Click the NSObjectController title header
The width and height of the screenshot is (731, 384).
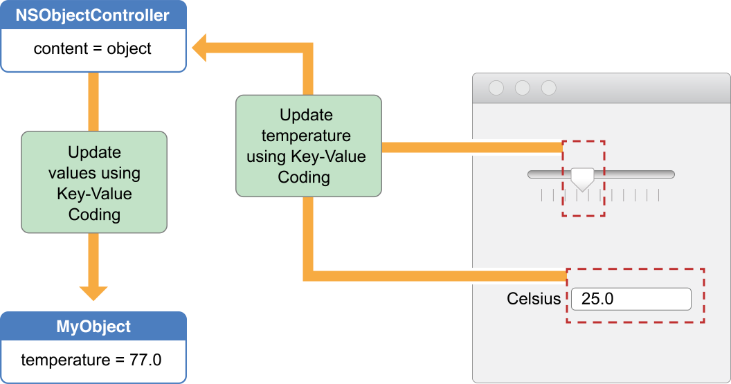pos(93,15)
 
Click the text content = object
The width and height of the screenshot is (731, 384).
pos(93,49)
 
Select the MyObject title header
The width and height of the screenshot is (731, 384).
pos(93,327)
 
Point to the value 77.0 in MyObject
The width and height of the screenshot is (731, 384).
pos(145,360)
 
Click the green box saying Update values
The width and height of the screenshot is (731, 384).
pos(94,183)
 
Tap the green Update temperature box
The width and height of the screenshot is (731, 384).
pos(308,146)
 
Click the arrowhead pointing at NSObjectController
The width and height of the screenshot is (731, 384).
pos(203,50)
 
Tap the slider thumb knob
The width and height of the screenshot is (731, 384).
pos(582,178)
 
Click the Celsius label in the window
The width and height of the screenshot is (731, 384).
pos(534,299)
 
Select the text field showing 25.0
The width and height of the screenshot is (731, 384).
pos(631,299)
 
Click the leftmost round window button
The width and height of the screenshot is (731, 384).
pos(496,88)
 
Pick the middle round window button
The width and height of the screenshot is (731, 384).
pos(523,88)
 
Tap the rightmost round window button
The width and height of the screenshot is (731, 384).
pos(549,88)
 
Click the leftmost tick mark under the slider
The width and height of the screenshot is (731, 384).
pos(541,196)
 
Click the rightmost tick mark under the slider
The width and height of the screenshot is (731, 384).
pos(658,196)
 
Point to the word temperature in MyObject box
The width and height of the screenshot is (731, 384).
pos(64,360)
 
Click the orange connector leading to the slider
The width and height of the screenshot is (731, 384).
pos(471,147)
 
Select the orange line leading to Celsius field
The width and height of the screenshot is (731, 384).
pos(436,276)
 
